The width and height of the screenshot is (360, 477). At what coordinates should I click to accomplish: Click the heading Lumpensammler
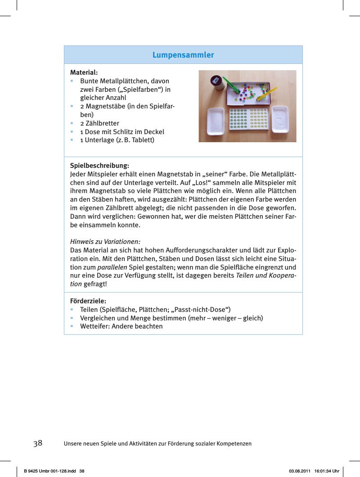pyautogui.click(x=183, y=55)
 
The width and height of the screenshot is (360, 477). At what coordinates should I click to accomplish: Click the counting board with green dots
pyautogui.click(x=248, y=121)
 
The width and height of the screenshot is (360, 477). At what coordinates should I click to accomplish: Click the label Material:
pyautogui.click(x=84, y=72)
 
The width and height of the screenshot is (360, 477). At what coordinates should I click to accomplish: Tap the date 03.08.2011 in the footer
pyautogui.click(x=299, y=471)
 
